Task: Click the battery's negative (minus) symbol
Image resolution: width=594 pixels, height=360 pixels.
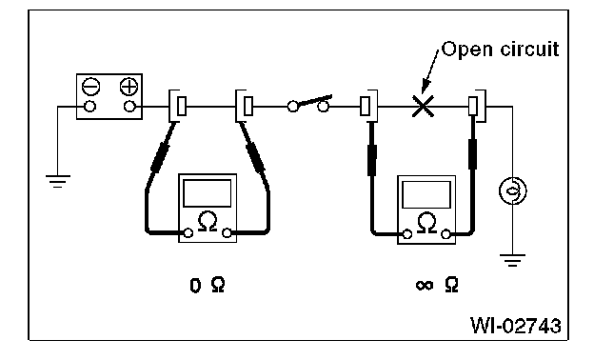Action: point(91,87)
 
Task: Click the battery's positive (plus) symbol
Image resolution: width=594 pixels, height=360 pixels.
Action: point(129,87)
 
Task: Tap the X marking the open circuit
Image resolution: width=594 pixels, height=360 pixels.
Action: point(423,106)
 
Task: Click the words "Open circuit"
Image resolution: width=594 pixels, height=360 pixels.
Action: point(500,50)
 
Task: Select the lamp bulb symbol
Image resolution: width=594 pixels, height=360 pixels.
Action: point(512,190)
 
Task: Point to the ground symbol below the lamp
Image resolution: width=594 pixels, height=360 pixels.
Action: point(512,260)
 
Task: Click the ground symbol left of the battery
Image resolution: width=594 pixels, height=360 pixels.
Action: point(57,181)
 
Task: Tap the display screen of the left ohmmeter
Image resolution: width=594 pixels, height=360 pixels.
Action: point(208,193)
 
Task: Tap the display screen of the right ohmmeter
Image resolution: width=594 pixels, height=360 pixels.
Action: point(426,194)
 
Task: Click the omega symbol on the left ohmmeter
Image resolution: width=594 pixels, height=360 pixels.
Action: point(208,221)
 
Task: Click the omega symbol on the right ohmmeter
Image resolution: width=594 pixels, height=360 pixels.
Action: point(426,223)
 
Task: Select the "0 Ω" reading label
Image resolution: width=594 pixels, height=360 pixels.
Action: point(208,285)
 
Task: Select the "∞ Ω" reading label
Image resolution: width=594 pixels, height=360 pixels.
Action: point(437,285)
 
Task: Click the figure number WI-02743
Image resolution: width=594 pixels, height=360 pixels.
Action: point(516,325)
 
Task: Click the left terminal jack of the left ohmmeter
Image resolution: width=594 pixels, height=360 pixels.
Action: point(188,232)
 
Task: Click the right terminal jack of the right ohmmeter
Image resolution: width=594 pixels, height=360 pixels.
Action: point(445,234)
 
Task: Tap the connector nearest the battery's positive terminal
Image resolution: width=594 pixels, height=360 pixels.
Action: point(177,106)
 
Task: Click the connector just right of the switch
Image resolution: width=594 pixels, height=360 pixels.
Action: point(368,106)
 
